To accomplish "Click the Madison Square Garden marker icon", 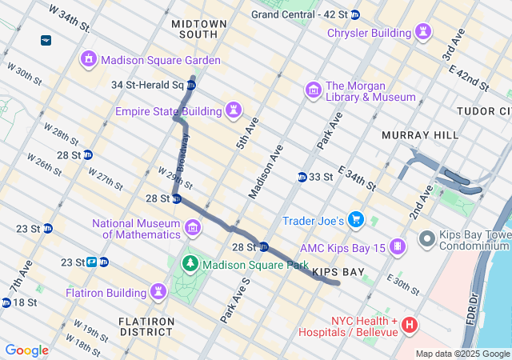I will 88,59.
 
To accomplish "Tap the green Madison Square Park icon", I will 191,263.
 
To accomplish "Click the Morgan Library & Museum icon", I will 313,90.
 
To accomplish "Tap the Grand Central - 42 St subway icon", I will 355,14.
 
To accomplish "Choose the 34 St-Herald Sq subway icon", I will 191,85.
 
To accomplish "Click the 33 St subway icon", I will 302,177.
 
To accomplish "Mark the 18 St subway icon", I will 6,302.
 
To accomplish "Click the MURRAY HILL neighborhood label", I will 411,135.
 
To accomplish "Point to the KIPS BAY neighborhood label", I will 338,273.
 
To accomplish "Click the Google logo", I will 27,350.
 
